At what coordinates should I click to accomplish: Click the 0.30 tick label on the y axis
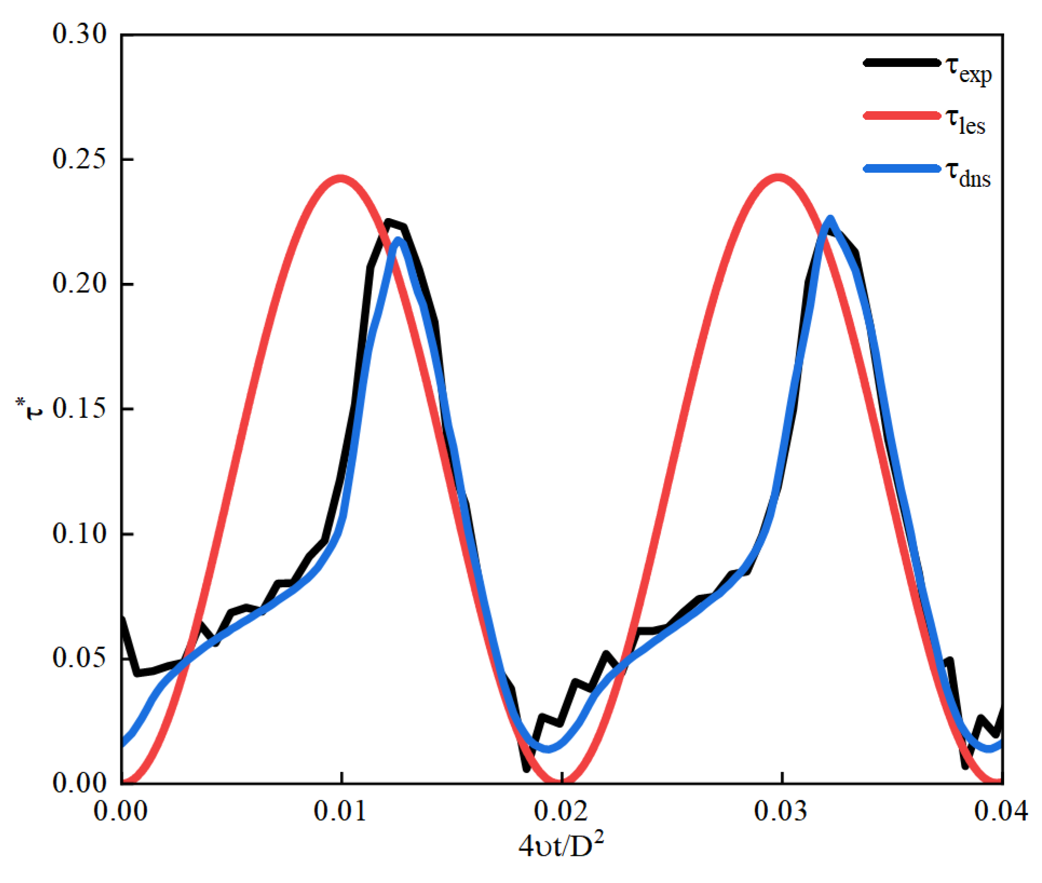tap(79, 34)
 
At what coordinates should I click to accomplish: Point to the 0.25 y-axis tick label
tap(79, 159)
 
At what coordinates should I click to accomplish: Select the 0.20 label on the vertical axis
tap(79, 283)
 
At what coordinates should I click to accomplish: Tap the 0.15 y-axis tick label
tap(79, 409)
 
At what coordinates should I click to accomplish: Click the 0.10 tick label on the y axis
tap(79, 534)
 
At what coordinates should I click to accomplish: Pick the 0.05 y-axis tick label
tap(79, 658)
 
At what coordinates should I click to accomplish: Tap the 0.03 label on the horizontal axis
tap(781, 811)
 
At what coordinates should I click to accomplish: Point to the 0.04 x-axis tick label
tap(1001, 811)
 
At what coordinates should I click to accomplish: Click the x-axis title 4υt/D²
tap(561, 846)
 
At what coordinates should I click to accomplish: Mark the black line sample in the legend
tap(902, 63)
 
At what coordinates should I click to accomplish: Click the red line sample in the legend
tap(902, 116)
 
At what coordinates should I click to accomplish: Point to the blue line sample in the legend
tap(902, 168)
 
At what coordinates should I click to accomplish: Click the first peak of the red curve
tap(340, 178)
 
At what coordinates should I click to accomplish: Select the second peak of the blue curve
tap(830, 219)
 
